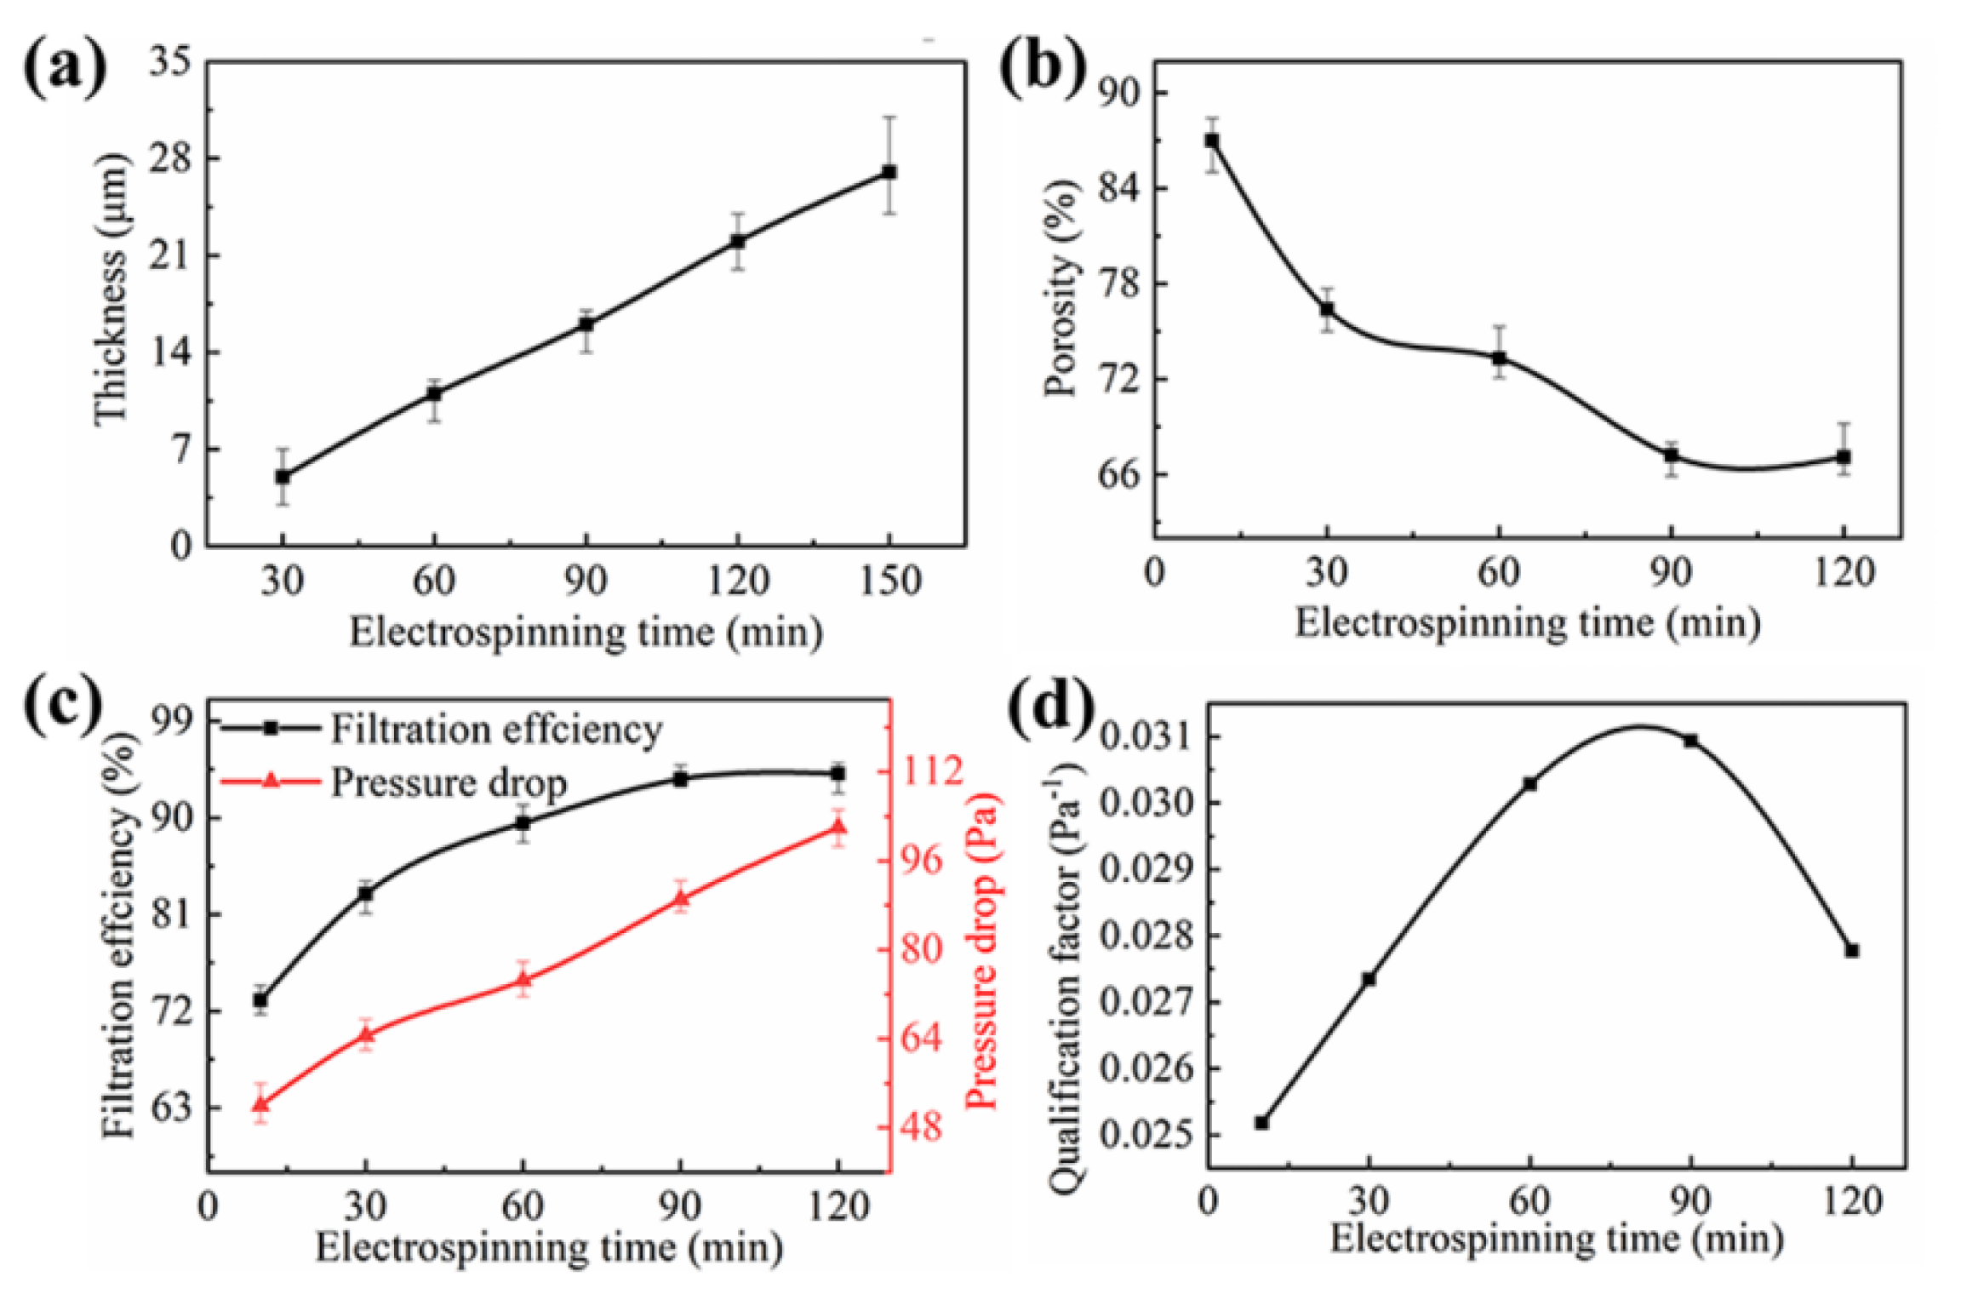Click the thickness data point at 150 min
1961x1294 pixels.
(889, 172)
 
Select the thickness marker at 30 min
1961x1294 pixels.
(283, 477)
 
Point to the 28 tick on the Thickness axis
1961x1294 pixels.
(170, 158)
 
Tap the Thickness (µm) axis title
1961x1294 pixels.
(111, 289)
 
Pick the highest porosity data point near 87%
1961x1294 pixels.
(1211, 140)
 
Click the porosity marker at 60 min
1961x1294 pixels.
(1499, 358)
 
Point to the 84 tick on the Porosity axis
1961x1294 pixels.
(1118, 187)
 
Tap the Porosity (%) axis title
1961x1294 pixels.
(1060, 289)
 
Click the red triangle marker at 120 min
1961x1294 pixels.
(838, 827)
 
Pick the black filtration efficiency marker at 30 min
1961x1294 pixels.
(366, 894)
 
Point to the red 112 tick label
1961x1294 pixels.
(932, 771)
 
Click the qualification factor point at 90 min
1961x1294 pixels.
(1690, 741)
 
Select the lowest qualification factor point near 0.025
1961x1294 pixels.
(1261, 1123)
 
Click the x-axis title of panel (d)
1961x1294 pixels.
(1556, 1240)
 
